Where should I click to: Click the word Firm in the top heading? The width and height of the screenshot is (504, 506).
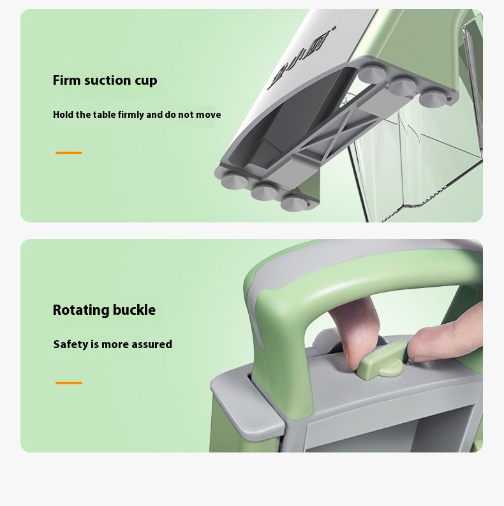click(x=66, y=80)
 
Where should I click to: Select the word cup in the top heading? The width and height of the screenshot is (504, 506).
click(x=146, y=82)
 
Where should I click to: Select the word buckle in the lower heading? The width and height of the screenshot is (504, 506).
click(x=135, y=310)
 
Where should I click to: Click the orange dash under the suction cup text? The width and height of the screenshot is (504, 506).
click(x=69, y=153)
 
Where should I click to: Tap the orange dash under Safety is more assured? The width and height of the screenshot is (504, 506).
click(x=69, y=383)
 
